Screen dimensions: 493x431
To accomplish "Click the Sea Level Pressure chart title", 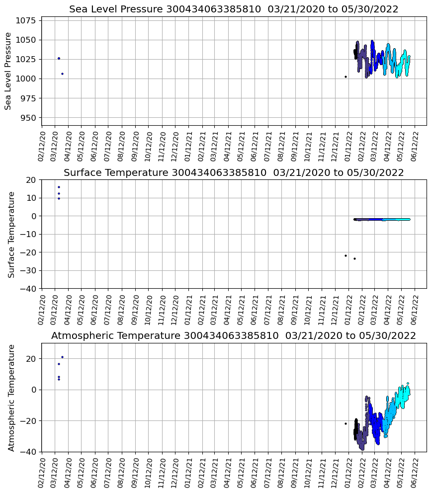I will pos(234,9).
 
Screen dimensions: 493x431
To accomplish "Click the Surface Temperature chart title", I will pos(234,173).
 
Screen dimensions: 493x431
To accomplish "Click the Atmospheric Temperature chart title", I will pos(234,336).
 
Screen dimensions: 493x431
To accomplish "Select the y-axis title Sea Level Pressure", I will pos(8,71).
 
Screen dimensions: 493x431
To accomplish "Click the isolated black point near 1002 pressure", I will pos(345,77).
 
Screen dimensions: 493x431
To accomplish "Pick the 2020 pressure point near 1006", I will pos(62,74).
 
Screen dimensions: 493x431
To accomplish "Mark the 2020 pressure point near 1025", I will pos(59,58).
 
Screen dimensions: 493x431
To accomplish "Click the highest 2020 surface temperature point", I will pos(59,187).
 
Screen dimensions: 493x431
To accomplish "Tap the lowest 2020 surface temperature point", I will pos(59,198).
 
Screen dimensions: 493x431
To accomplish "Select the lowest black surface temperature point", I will pos(354,258).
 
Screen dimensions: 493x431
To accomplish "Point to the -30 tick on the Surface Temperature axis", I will pos(29,270).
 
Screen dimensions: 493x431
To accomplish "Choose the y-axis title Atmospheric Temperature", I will pos(11,398).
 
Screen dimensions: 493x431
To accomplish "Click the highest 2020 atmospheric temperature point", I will pos(62,357).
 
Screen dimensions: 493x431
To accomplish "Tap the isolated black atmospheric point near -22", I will pos(345,423).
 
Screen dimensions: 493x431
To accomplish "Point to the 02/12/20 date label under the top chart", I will pos(42,145).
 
